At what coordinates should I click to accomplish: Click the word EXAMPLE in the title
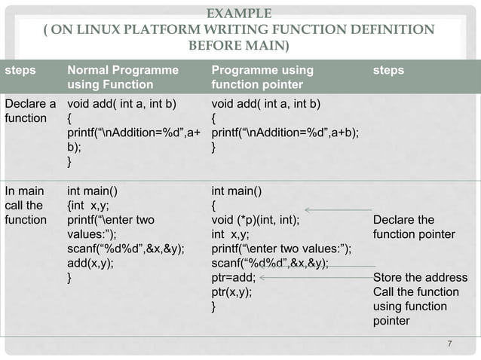click(239, 13)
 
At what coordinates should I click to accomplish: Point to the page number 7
click(449, 345)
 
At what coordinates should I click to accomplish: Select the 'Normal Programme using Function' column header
click(123, 78)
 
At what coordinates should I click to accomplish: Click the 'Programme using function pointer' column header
click(262, 78)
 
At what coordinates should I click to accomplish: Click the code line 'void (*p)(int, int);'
click(256, 220)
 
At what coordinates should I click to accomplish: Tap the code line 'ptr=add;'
click(234, 277)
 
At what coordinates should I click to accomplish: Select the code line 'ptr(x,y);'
click(232, 291)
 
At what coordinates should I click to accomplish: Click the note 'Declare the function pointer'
click(414, 227)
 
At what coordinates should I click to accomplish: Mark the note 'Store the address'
click(420, 277)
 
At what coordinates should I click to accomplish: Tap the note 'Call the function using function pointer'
click(415, 306)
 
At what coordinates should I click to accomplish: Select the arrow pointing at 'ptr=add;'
click(317, 277)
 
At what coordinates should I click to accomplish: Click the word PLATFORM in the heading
click(167, 30)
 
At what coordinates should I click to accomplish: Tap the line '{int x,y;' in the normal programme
click(85, 206)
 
